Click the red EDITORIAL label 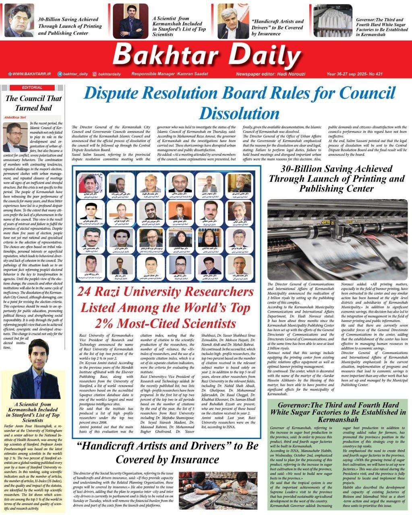click(32, 87)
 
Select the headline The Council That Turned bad click(33, 103)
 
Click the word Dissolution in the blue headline click(239, 113)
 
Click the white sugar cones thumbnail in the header click(332, 21)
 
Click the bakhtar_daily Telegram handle click(75, 74)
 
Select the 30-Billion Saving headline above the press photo click(336, 178)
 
